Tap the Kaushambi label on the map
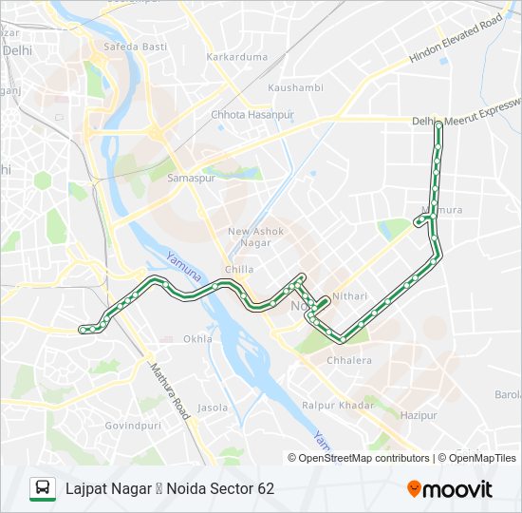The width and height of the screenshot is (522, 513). pyautogui.click(x=295, y=87)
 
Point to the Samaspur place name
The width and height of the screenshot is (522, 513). pyautogui.click(x=186, y=177)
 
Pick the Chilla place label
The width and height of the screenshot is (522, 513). pyautogui.click(x=239, y=269)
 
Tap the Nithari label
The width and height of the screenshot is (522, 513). pyautogui.click(x=349, y=296)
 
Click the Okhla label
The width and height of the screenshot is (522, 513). pyautogui.click(x=198, y=338)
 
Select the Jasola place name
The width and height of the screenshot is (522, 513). pyautogui.click(x=213, y=408)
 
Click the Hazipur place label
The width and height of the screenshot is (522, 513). pyautogui.click(x=419, y=415)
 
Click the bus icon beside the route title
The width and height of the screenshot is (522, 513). pyautogui.click(x=43, y=488)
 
